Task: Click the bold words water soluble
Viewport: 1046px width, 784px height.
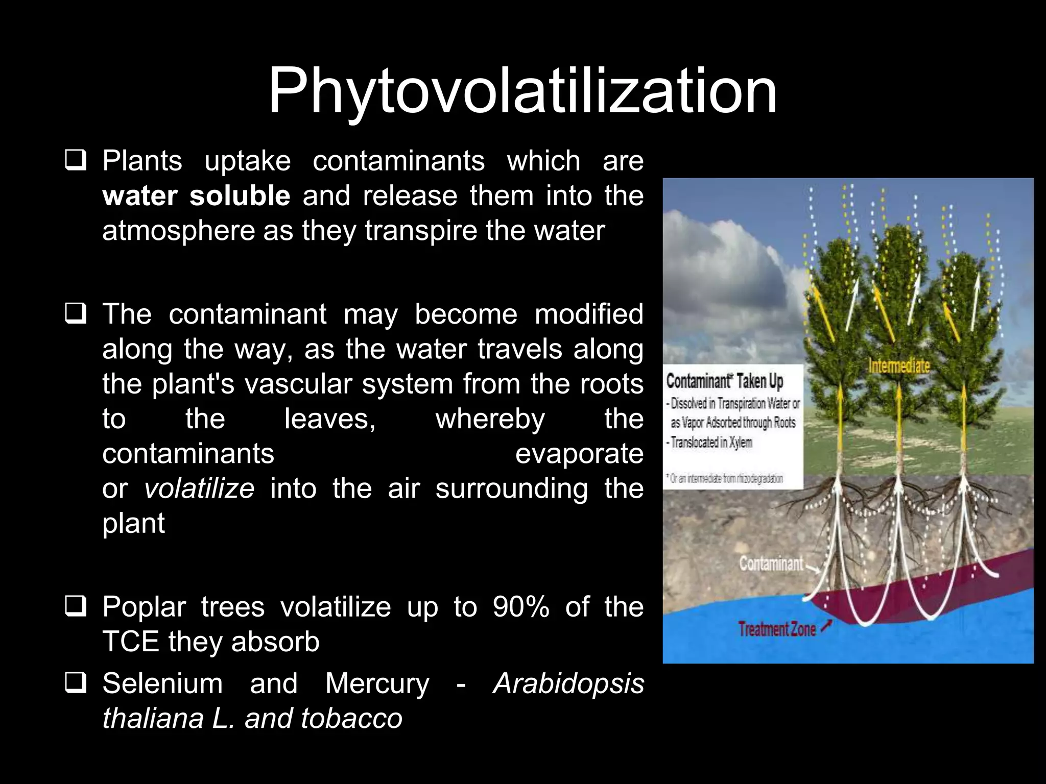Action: point(196,196)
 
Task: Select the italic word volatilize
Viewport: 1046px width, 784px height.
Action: point(199,488)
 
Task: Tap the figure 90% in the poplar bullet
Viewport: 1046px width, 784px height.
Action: point(520,607)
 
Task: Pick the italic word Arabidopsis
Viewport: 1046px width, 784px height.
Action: point(568,683)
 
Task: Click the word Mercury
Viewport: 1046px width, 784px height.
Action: point(377,683)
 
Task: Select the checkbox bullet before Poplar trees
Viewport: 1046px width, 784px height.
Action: point(75,606)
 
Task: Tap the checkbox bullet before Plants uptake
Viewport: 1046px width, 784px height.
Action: point(75,160)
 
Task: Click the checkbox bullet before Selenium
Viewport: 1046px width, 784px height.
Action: point(75,683)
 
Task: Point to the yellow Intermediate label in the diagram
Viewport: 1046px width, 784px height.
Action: point(899,366)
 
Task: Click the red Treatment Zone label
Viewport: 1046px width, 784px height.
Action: point(777,629)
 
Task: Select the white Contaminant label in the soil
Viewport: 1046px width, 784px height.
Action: point(771,564)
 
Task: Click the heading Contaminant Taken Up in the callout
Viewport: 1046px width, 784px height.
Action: point(725,381)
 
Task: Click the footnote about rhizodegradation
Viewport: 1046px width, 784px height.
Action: point(725,479)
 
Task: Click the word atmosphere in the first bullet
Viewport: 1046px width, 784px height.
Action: point(178,231)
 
